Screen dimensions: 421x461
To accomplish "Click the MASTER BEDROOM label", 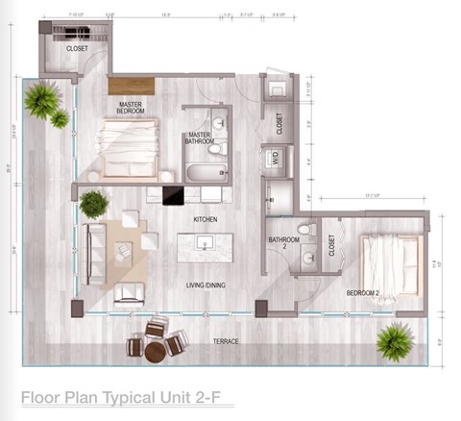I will point(133,108).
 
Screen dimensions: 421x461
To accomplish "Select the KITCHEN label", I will point(206,220).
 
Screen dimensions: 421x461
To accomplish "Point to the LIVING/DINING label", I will point(206,285).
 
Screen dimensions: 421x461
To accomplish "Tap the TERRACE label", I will point(227,341).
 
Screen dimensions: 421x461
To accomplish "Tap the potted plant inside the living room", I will point(94,204).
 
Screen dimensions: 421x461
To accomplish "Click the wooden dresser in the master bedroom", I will point(131,85).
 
